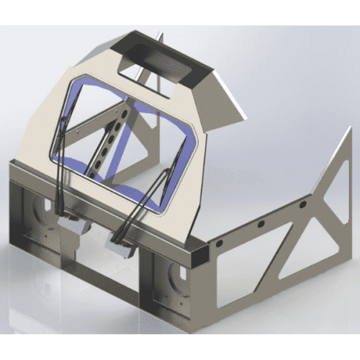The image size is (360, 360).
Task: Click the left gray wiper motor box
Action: click(73, 224)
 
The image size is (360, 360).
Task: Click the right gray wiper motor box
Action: click(121, 247)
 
